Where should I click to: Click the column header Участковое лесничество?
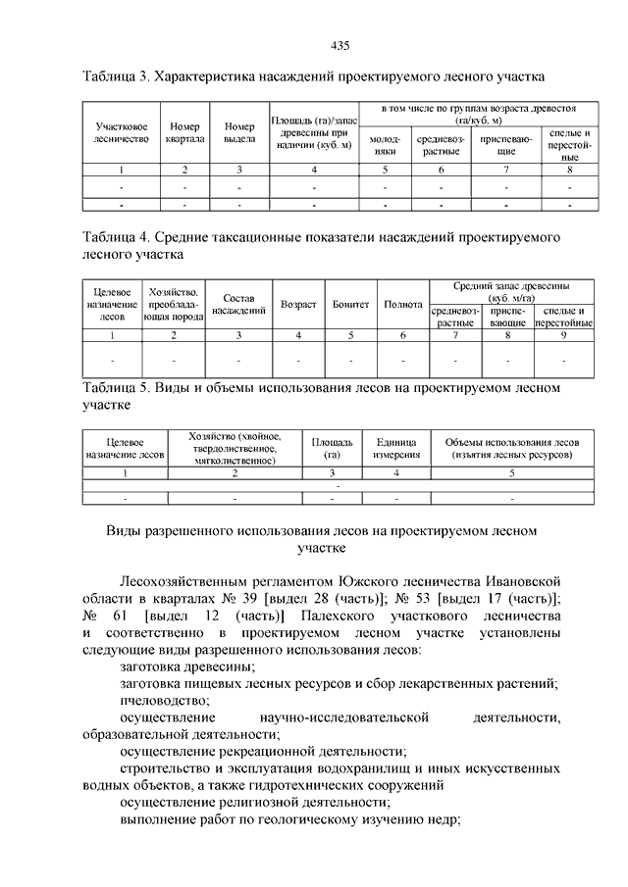pos(122,133)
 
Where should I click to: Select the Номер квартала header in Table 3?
pos(184,133)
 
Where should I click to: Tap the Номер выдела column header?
pos(239,133)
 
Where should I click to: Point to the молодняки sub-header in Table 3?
pos(385,146)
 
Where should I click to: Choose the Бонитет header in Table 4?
pos(350,305)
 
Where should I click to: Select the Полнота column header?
pos(403,305)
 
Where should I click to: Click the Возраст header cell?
pos(298,305)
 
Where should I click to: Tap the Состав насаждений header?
pos(239,305)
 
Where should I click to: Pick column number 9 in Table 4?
pos(563,335)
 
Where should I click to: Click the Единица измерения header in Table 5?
pos(396,449)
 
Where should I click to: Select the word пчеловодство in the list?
pos(164,701)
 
